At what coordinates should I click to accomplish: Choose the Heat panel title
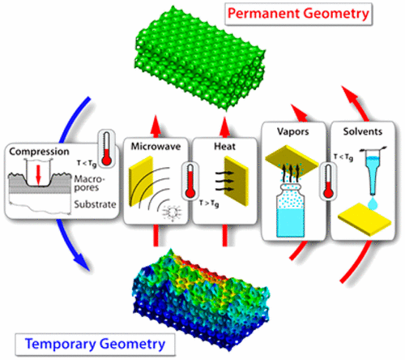[x=215, y=148]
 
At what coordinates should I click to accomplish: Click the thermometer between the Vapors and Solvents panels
[x=328, y=182]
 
